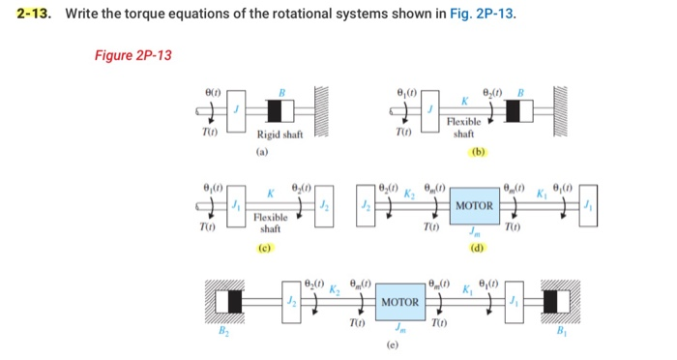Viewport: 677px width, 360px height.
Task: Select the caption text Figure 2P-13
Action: tap(132, 55)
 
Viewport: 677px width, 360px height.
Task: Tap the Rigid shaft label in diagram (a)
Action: tap(280, 135)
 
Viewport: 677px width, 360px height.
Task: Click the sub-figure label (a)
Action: tap(262, 152)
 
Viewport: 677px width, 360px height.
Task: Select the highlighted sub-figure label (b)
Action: tap(478, 152)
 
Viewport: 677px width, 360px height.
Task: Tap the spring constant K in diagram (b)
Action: tap(464, 100)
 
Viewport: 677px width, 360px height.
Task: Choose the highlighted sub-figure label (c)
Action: tap(262, 248)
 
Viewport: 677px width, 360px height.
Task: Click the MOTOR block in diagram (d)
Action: tap(475, 205)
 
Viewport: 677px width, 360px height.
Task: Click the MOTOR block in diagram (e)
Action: tap(399, 302)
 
